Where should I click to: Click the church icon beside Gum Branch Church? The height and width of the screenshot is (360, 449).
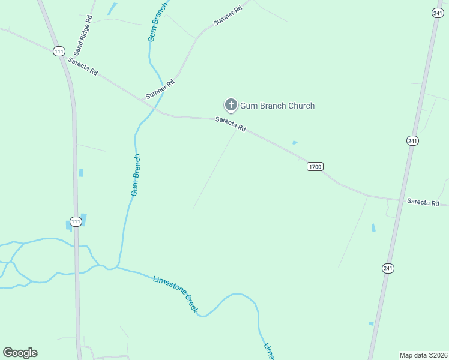click(x=231, y=105)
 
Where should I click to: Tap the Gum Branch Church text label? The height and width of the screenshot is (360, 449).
click(x=277, y=106)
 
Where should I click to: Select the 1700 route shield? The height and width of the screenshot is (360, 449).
click(x=315, y=166)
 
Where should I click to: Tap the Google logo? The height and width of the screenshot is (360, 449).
click(x=20, y=353)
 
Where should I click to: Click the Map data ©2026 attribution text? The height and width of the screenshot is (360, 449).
click(x=423, y=355)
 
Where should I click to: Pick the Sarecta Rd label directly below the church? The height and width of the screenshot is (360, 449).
click(x=231, y=125)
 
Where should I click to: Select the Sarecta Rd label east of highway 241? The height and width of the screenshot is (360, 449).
click(x=423, y=203)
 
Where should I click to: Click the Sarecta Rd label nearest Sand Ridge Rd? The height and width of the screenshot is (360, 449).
click(x=83, y=66)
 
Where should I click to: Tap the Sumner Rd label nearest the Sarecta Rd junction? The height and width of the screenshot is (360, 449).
click(x=160, y=89)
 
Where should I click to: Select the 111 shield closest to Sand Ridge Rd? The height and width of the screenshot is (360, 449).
click(x=58, y=52)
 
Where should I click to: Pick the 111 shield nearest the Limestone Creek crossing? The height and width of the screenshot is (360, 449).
click(x=75, y=221)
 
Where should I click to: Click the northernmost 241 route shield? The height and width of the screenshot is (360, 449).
click(x=436, y=13)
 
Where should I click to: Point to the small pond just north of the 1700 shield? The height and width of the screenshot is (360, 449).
click(x=295, y=142)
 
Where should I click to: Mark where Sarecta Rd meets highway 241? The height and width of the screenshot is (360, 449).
click(x=399, y=199)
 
